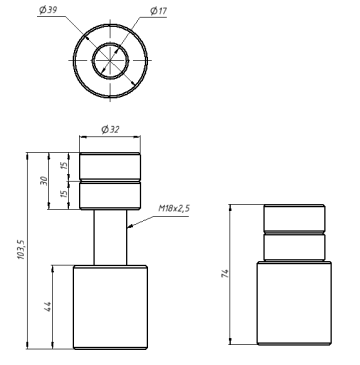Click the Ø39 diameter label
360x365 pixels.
(x=48, y=10)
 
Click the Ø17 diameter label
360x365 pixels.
(x=159, y=11)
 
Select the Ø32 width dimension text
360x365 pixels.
(x=110, y=129)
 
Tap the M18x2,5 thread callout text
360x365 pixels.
(x=174, y=209)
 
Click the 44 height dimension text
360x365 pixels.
(x=47, y=307)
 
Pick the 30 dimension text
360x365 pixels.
(x=44, y=181)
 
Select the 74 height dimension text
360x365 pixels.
(x=225, y=274)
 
